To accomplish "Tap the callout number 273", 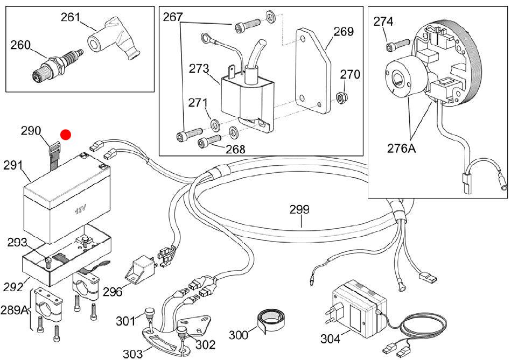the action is pyautogui.click(x=199, y=69).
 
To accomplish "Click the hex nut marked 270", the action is pyautogui.click(x=342, y=96).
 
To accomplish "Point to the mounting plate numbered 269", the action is pyautogui.click(x=313, y=70).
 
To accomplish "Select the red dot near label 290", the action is pyautogui.click(x=66, y=135).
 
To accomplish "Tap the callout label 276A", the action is pyautogui.click(x=402, y=148).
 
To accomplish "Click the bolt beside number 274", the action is pyautogui.click(x=397, y=45).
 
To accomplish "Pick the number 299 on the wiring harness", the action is pyautogui.click(x=299, y=209).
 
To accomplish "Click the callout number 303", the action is pyautogui.click(x=133, y=354).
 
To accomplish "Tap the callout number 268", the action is pyautogui.click(x=235, y=149).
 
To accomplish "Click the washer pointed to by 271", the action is pyautogui.click(x=215, y=124).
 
